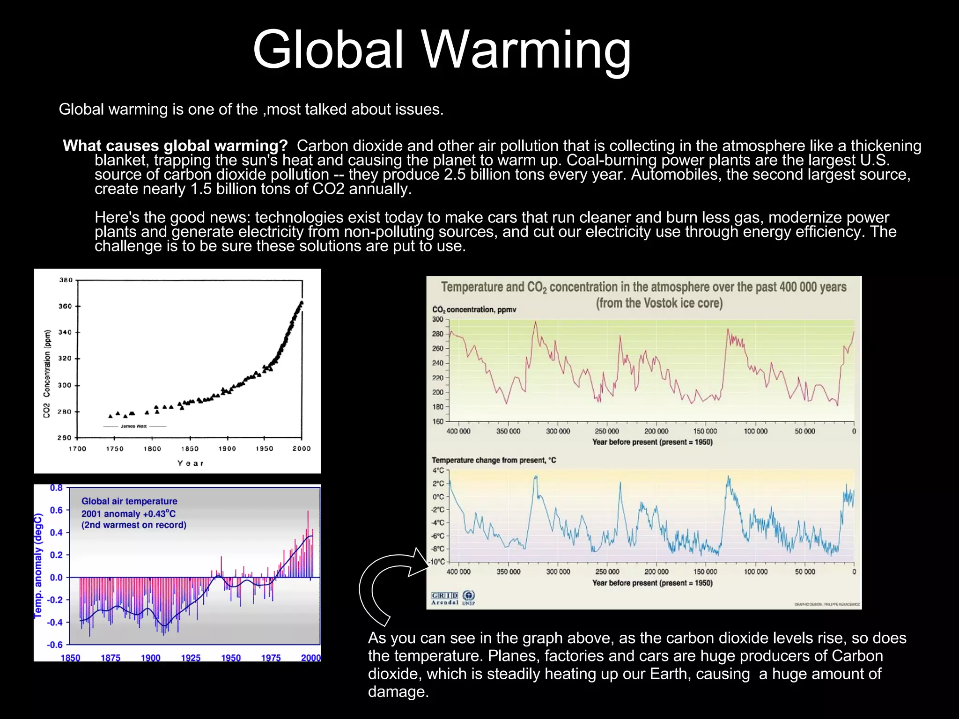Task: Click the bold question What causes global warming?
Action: click(175, 146)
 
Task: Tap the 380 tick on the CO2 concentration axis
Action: click(66, 280)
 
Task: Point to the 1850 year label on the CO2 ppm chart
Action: click(190, 448)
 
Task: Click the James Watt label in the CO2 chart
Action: click(134, 426)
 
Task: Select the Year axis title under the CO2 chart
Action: click(190, 463)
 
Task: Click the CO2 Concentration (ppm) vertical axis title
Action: click(46, 374)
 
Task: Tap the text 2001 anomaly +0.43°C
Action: click(128, 514)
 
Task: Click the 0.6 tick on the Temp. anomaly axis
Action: click(56, 510)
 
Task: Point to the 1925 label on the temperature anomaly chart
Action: click(191, 658)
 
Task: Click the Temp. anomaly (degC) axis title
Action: click(38, 565)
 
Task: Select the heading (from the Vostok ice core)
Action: click(659, 303)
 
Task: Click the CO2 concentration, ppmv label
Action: click(474, 309)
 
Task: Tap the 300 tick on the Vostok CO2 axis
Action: click(437, 319)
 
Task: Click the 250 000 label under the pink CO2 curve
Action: click(606, 431)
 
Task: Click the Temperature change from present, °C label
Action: click(494, 460)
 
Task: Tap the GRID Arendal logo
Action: click(444, 598)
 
